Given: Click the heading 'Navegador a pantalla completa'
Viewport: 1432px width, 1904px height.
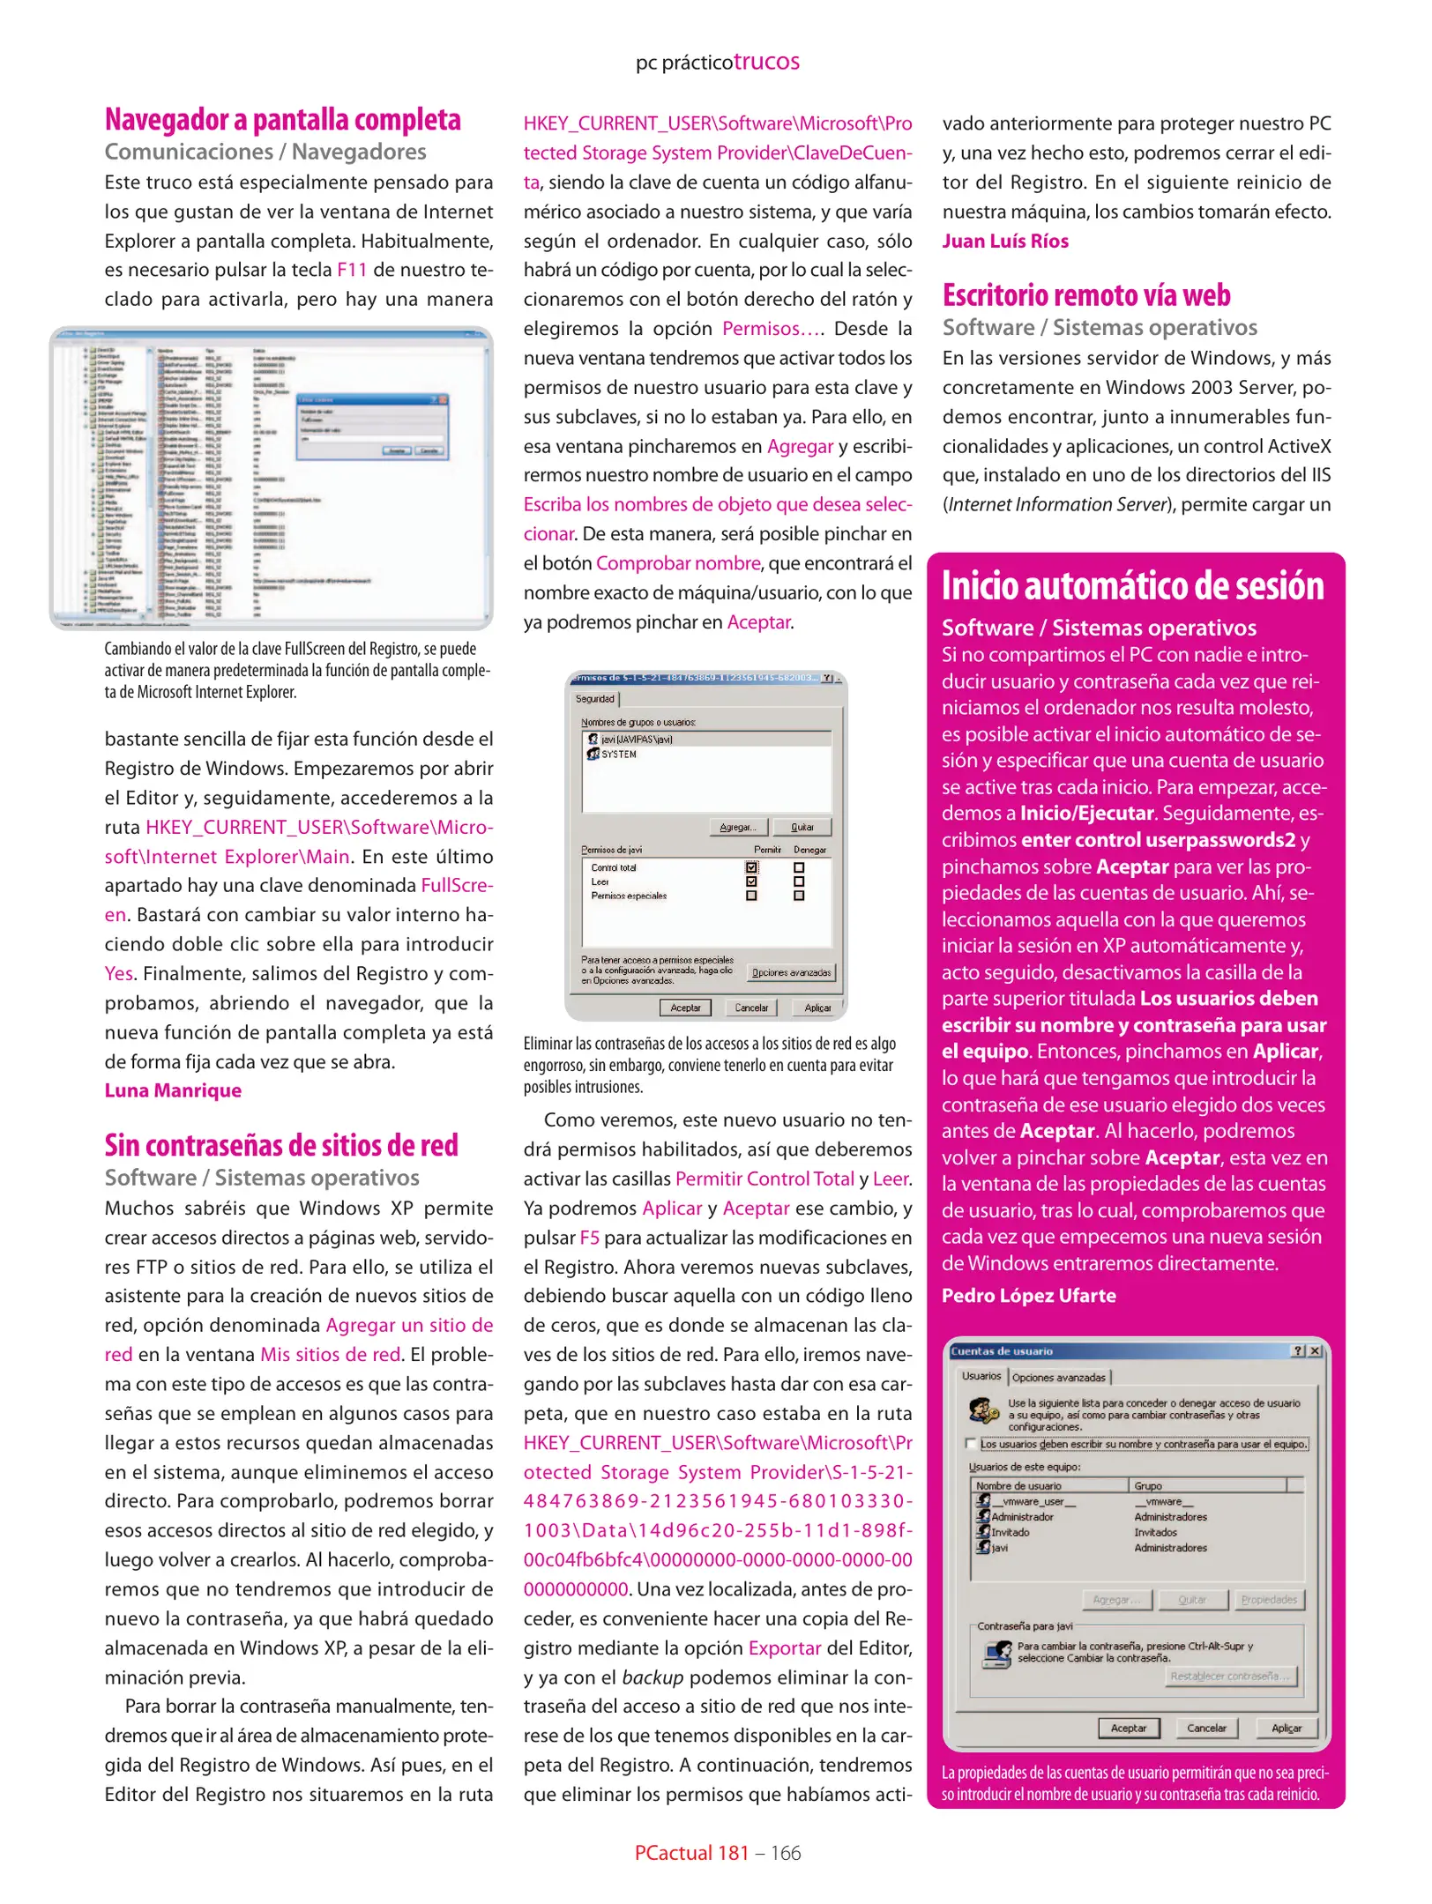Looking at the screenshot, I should click(x=282, y=120).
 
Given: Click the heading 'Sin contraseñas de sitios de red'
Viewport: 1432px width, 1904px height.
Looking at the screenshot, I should click(x=281, y=1145).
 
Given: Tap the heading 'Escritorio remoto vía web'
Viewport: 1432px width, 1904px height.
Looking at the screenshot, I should click(x=1085, y=295).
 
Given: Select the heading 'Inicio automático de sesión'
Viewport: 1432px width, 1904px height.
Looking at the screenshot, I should click(x=1132, y=586).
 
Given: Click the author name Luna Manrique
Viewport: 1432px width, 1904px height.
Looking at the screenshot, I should click(x=173, y=1090).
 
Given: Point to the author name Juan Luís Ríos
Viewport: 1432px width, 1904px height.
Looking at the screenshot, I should click(x=1004, y=242).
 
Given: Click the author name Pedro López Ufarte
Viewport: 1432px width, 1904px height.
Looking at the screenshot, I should click(x=1028, y=1296).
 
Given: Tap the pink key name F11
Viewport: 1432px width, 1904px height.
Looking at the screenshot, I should click(x=352, y=271).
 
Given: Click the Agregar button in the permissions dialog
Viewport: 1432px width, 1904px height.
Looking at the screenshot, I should click(x=738, y=827).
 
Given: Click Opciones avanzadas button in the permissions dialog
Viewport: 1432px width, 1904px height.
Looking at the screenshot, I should click(x=790, y=972).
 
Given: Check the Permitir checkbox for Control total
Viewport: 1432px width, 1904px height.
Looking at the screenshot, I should click(x=751, y=867).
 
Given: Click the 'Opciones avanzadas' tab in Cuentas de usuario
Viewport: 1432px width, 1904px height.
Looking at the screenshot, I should click(x=1058, y=1377).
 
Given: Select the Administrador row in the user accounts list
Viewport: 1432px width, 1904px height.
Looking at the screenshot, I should click(x=1022, y=1517).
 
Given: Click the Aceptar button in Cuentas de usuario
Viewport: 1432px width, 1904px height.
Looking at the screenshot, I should click(x=1128, y=1728).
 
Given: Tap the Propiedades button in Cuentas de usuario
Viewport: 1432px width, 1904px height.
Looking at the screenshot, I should click(x=1268, y=1599).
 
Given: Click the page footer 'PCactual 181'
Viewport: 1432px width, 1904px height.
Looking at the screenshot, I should click(x=691, y=1853).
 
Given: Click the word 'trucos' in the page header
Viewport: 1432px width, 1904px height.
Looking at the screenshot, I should click(x=766, y=62).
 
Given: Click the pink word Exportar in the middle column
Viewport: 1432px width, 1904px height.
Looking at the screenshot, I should click(x=784, y=1648).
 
